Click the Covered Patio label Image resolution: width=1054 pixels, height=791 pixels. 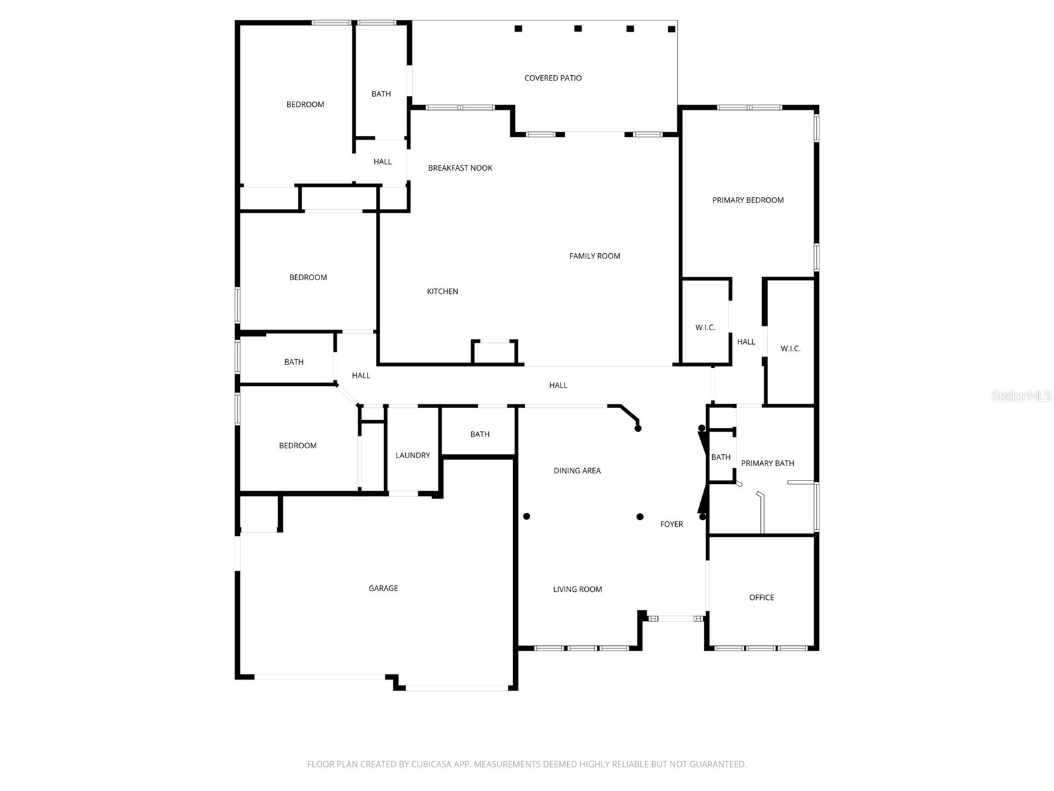point(553,78)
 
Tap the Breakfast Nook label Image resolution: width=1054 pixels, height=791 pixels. point(460,168)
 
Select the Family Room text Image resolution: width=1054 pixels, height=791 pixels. point(594,256)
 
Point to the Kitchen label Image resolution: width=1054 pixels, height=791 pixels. point(442,291)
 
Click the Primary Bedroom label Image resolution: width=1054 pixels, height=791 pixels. point(748,200)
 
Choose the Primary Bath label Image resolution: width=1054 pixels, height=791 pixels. point(767,463)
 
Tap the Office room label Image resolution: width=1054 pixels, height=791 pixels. point(761,597)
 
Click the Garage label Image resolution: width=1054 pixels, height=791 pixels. point(383,588)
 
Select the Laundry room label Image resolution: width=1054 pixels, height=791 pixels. point(412,455)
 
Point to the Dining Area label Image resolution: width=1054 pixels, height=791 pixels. point(576,471)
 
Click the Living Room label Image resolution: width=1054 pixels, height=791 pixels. point(577,589)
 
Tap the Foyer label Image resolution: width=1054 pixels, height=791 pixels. point(671,524)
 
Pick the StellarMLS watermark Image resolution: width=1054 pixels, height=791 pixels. point(1021,396)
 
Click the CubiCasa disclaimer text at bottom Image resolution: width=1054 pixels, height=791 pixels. point(526,765)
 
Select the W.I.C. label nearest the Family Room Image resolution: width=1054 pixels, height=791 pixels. point(705,328)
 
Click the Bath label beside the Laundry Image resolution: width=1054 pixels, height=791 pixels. point(480,434)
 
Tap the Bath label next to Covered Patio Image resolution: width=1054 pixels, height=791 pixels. point(381,94)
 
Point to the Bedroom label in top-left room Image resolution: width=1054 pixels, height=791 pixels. point(305,104)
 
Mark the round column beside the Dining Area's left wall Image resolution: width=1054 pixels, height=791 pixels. point(526,516)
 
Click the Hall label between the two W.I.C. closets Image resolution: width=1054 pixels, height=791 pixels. point(746,341)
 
